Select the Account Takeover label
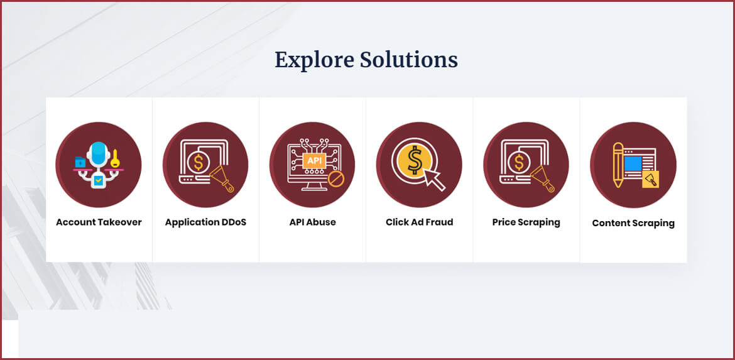pos(99,222)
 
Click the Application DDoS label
pos(205,222)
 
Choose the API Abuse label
pos(313,222)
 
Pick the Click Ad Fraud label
pos(420,222)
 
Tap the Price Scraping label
pos(526,222)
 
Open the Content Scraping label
pos(633,223)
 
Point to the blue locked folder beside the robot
pos(80,162)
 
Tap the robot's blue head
pos(98,154)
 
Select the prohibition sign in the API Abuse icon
pos(335,178)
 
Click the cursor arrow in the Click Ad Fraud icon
pos(433,180)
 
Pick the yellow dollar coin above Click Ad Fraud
pos(414,160)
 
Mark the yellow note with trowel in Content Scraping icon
pos(650,179)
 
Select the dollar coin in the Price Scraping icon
pos(519,163)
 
